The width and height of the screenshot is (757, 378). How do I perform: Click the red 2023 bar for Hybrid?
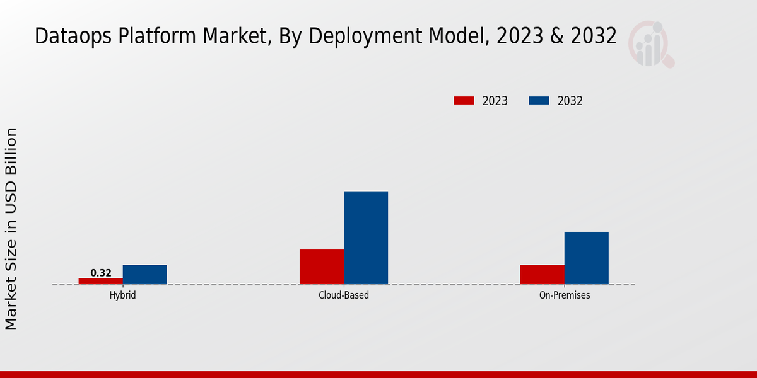click(101, 281)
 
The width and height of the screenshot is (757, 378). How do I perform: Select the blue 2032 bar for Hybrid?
click(145, 274)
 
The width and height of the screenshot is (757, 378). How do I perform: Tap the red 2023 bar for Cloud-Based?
click(322, 266)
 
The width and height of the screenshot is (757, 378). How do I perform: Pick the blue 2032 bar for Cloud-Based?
click(366, 238)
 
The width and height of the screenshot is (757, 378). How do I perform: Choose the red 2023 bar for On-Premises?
click(543, 274)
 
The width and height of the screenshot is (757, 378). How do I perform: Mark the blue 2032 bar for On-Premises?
click(587, 258)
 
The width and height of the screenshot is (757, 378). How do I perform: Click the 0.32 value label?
click(101, 273)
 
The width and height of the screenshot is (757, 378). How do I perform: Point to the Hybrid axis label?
click(122, 295)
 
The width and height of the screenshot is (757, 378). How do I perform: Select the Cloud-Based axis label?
click(344, 295)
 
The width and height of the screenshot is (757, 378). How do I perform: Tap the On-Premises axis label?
click(565, 295)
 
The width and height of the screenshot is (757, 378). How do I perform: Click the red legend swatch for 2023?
click(464, 101)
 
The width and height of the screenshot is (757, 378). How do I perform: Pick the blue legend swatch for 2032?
click(539, 101)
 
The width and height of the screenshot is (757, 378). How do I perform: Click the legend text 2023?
click(495, 101)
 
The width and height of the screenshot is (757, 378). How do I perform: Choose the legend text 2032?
click(570, 101)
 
